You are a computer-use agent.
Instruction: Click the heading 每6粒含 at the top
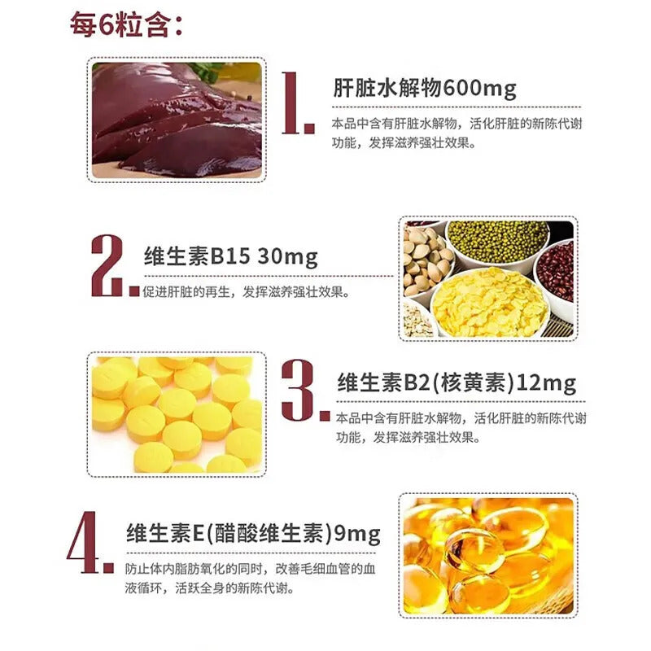point(126,25)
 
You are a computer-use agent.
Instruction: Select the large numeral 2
point(111,266)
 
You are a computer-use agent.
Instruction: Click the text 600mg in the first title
point(479,89)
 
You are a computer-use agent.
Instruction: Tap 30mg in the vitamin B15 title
point(287,257)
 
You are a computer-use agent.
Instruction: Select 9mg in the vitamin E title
point(357,534)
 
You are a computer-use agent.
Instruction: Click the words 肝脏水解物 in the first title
point(387,88)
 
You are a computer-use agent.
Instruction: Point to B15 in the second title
point(231,256)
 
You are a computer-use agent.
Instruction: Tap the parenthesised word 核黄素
point(473,382)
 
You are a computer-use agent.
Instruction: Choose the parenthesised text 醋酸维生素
point(269,533)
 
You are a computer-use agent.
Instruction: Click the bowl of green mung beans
point(498,242)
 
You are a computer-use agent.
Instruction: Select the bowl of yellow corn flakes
point(490,302)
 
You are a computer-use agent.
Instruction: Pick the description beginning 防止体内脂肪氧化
point(250,579)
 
